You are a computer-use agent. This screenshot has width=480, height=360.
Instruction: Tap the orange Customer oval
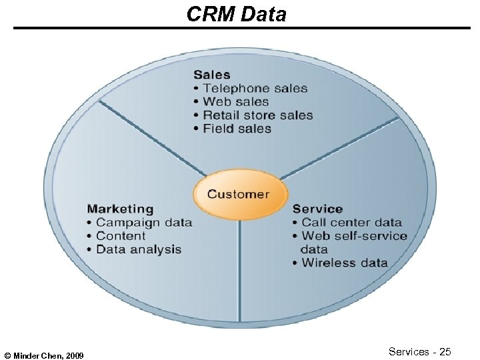tap(238, 195)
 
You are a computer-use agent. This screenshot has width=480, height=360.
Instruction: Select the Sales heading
tap(211, 75)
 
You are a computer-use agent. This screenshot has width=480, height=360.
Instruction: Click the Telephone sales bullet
tap(255, 88)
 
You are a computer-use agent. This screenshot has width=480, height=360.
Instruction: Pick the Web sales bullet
tap(235, 101)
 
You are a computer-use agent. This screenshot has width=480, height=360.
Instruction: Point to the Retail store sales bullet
tap(257, 115)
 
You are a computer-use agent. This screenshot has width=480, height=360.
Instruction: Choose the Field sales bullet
tap(237, 129)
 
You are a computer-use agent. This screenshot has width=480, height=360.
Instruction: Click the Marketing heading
tap(120, 209)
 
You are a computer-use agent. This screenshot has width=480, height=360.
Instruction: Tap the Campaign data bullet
tap(143, 223)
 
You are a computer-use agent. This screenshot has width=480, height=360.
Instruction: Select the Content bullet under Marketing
tap(120, 236)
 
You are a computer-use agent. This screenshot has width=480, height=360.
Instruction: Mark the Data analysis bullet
tap(138, 249)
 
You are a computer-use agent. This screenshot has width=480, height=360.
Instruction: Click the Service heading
tap(317, 209)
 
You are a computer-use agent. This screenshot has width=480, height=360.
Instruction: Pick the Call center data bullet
tap(351, 223)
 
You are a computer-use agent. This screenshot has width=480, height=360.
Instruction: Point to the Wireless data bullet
tap(344, 263)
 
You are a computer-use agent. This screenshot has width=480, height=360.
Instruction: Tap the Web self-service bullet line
tap(353, 236)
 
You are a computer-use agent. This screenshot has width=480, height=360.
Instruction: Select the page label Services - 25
tap(420, 351)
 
